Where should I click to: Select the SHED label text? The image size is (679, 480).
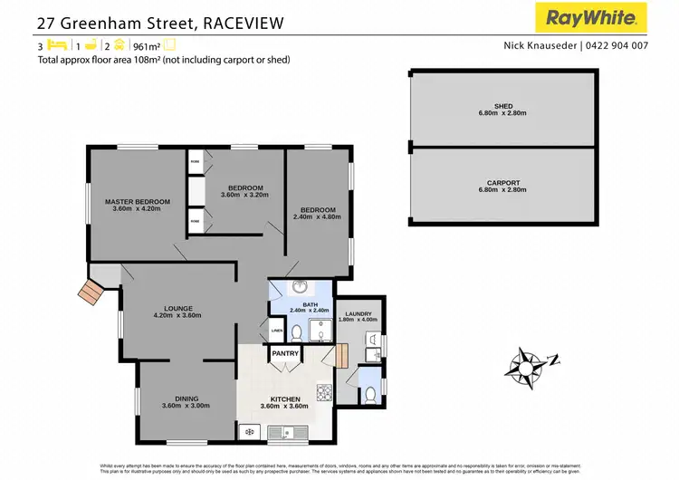tap(503, 106)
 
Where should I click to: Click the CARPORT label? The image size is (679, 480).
tap(503, 183)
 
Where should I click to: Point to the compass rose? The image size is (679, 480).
tap(526, 366)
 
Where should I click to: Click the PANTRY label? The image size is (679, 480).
tap(285, 353)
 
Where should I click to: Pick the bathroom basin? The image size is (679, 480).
tap(299, 291)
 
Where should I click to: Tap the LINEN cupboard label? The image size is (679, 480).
tap(277, 331)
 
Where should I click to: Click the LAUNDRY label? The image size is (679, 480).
tap(358, 313)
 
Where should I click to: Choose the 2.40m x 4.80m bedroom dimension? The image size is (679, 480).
tap(320, 216)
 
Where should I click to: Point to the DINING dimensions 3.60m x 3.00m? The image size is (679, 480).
tap(186, 406)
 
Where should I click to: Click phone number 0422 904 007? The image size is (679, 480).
tap(617, 45)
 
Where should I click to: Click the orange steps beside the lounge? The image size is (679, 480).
tap(91, 293)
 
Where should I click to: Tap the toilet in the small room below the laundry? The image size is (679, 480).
tap(369, 395)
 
